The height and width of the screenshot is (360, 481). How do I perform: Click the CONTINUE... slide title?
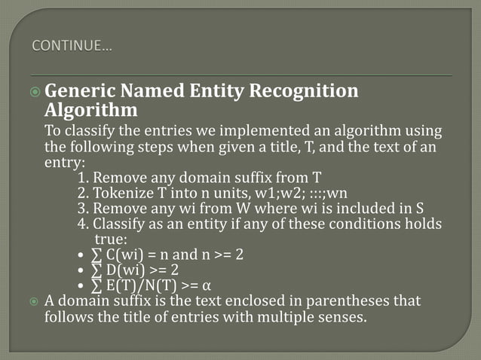pyautogui.click(x=72, y=48)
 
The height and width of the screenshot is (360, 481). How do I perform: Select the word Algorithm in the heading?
pyautogui.click(x=91, y=111)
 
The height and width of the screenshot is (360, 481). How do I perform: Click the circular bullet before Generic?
pyautogui.click(x=35, y=93)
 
